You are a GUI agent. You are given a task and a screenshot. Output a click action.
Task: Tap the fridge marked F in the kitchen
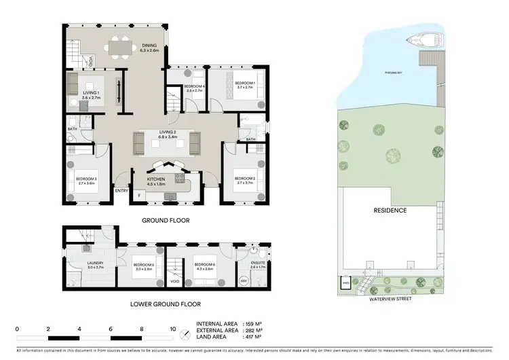(x=139, y=196)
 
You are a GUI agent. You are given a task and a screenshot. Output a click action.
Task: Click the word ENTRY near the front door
(x=121, y=190)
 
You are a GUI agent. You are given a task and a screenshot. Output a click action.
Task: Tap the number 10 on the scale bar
(x=173, y=329)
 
